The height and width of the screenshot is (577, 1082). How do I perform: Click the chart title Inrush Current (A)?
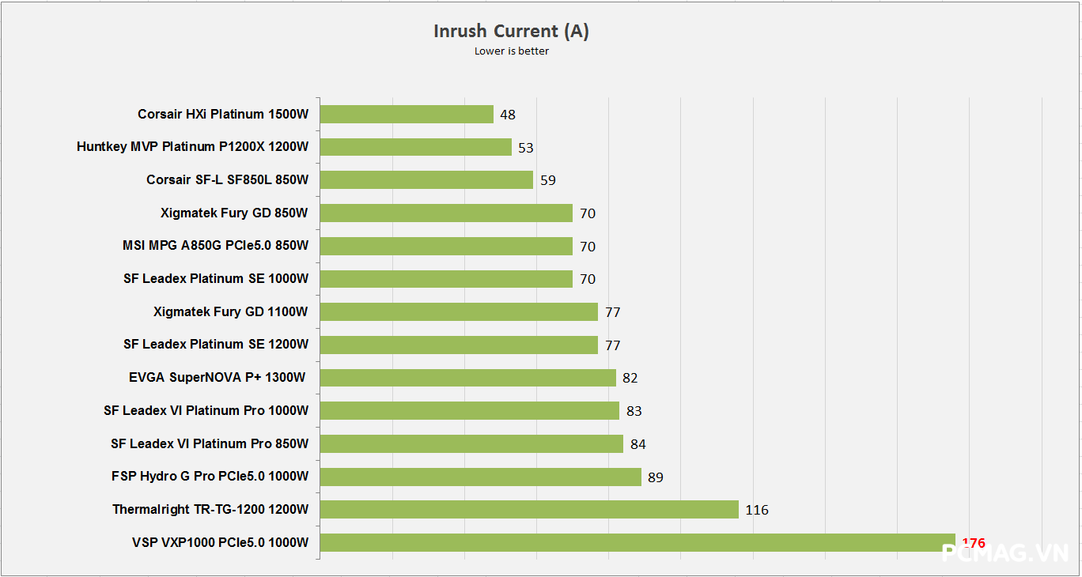[x=511, y=31]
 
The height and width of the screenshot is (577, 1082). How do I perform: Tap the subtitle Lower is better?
[x=511, y=51]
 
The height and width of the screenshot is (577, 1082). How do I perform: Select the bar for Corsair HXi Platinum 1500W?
[x=407, y=115]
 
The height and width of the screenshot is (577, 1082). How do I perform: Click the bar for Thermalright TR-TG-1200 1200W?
[x=529, y=510]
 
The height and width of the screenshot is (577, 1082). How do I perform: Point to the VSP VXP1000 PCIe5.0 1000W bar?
[x=630, y=543]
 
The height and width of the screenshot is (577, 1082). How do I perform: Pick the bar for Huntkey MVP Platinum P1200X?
[x=416, y=147]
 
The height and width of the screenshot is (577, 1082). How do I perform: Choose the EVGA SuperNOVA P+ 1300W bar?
[x=467, y=378]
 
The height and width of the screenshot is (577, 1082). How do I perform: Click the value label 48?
[x=508, y=115]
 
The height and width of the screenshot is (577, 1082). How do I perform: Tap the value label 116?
[x=757, y=510]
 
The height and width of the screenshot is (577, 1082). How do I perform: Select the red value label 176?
[x=974, y=543]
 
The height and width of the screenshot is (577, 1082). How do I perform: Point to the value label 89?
[x=655, y=477]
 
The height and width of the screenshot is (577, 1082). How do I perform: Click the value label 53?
[x=526, y=148]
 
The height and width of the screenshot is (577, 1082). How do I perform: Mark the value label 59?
[x=548, y=180]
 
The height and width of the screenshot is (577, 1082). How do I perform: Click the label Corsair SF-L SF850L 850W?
[x=227, y=180]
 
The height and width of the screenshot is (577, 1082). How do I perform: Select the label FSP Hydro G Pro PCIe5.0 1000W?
[x=210, y=477]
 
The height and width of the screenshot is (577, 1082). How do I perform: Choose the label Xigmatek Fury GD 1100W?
[x=231, y=311]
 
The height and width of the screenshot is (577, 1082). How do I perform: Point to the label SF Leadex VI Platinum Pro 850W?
[x=210, y=443]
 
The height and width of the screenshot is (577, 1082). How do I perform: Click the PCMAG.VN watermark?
[x=1005, y=552]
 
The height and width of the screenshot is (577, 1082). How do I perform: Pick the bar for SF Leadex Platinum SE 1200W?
[x=459, y=345]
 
